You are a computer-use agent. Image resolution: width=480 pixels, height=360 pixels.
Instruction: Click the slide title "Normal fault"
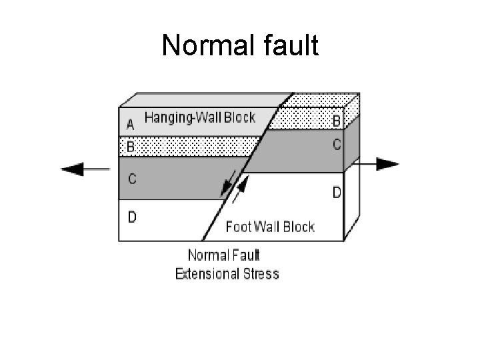tap(240, 47)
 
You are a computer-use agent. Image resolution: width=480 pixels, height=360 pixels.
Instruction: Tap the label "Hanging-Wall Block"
tap(200, 118)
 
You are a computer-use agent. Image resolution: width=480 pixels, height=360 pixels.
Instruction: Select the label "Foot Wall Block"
tap(270, 227)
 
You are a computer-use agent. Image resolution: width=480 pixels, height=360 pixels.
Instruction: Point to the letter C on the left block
tap(131, 179)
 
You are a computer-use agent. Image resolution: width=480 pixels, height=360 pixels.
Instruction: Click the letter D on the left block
tap(132, 218)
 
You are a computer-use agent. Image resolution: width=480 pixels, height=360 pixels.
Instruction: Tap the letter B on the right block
tap(337, 121)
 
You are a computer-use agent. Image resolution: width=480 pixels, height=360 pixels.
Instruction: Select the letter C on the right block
tap(337, 145)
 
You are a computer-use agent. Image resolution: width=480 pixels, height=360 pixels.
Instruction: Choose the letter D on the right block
tap(337, 193)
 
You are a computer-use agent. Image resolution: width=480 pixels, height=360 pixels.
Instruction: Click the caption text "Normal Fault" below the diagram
tap(224, 255)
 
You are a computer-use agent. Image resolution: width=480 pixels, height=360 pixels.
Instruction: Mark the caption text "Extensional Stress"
tap(227, 273)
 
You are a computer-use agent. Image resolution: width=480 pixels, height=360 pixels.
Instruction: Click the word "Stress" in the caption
tap(262, 273)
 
